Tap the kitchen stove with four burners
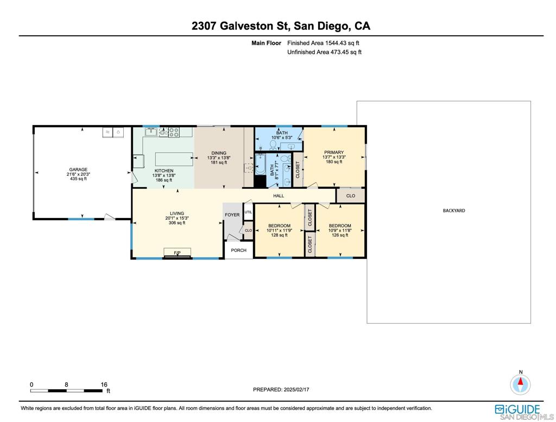pos(174,132)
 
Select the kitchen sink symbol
pos(151,132)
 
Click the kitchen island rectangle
pos(175,159)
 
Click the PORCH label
pos(238,250)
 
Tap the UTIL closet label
pos(248,212)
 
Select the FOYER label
pos(232,215)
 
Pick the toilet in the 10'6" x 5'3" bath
pos(273,145)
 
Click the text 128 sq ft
pos(279,235)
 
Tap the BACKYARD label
pos(454,210)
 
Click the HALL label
pos(279,196)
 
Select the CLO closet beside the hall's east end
pos(351,196)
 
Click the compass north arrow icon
pos(520,384)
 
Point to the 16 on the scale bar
pos(104,384)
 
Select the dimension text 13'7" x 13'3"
pos(334,157)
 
